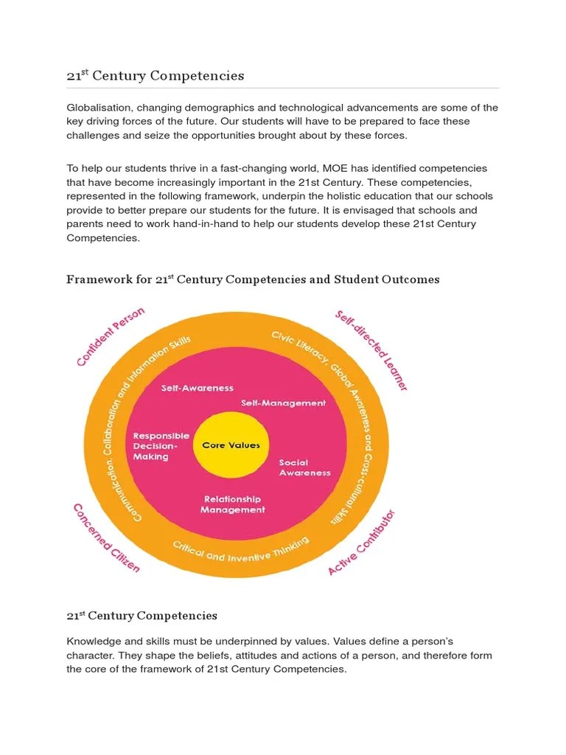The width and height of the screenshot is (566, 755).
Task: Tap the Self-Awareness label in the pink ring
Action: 198,388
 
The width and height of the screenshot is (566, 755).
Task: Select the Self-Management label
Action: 284,403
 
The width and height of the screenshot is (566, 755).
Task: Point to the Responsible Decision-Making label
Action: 160,446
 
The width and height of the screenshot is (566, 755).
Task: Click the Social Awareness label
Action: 304,467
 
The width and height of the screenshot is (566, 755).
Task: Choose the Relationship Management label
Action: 232,504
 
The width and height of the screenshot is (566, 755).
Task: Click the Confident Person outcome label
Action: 111,336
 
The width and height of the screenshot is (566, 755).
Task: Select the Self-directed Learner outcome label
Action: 371,350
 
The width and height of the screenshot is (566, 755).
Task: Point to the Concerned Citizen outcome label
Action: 105,538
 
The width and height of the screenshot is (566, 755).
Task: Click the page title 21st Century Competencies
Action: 156,75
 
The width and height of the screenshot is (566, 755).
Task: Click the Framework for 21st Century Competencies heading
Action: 253,279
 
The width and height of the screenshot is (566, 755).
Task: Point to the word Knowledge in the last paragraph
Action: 94,641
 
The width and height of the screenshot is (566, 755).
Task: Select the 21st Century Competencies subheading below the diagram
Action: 141,615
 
